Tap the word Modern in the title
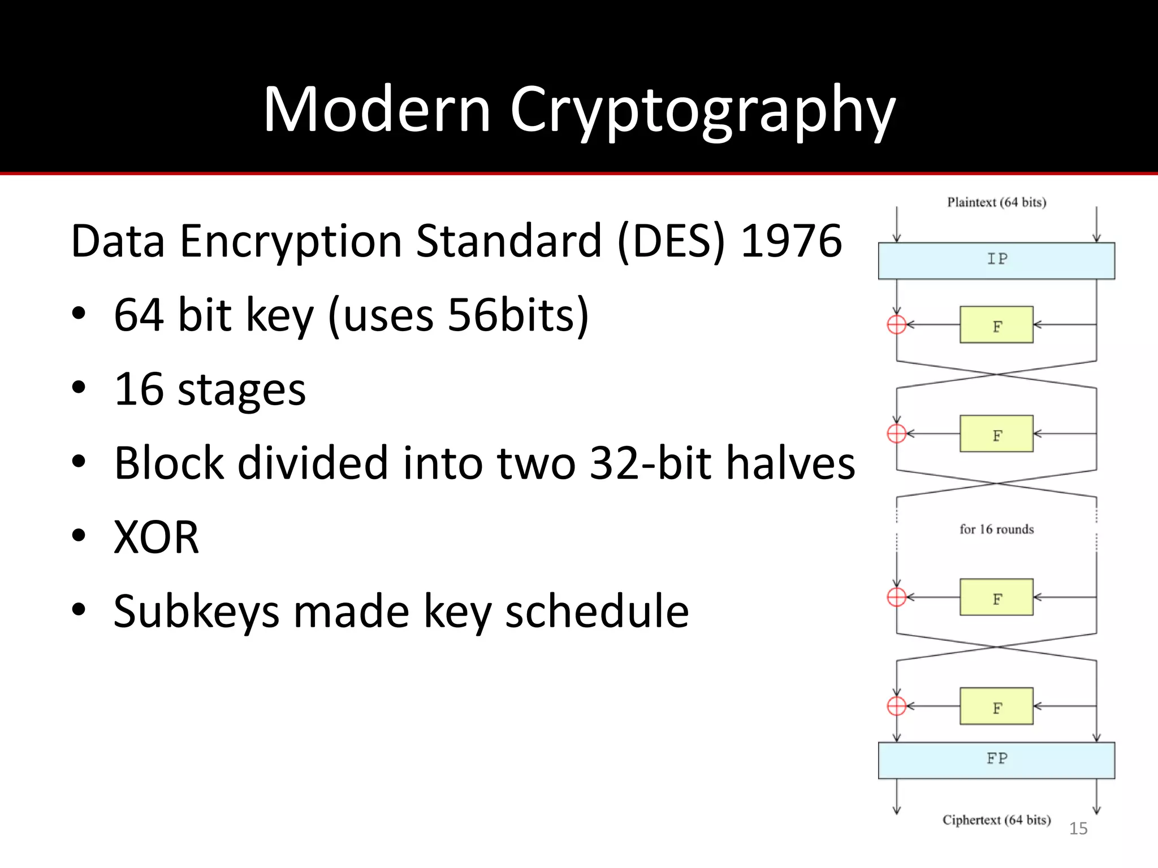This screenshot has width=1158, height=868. pyautogui.click(x=377, y=110)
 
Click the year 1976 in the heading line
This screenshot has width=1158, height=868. pyautogui.click(x=791, y=241)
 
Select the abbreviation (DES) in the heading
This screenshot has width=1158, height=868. pyautogui.click(x=671, y=241)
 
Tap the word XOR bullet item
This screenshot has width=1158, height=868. pyautogui.click(x=157, y=537)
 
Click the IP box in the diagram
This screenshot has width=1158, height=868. pyautogui.click(x=996, y=261)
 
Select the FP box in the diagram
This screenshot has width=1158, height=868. pyautogui.click(x=996, y=759)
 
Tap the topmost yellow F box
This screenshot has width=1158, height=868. pyautogui.click(x=996, y=325)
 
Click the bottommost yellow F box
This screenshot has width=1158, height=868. pyautogui.click(x=996, y=706)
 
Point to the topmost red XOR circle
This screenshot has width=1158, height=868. pyautogui.click(x=897, y=325)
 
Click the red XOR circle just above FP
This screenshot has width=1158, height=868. pyautogui.click(x=897, y=706)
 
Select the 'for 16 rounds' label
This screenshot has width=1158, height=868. pyautogui.click(x=996, y=530)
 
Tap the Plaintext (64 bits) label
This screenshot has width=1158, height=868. pyautogui.click(x=996, y=202)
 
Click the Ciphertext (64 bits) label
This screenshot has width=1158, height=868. pyautogui.click(x=996, y=820)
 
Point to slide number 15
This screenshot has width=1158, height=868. pyautogui.click(x=1078, y=828)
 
